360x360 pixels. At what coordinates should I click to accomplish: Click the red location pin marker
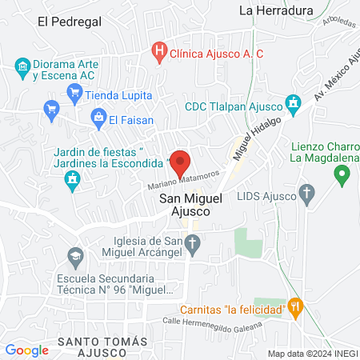pyautogui.click(x=180, y=163)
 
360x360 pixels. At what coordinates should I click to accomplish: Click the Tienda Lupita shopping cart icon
pyautogui.click(x=74, y=91)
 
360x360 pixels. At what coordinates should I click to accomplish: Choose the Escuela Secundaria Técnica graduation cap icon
pyautogui.click(x=74, y=258)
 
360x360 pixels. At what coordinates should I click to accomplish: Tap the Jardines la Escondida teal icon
pyautogui.click(x=74, y=182)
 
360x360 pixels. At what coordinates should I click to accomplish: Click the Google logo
pyautogui.click(x=26, y=350)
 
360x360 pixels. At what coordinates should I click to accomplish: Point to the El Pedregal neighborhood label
pyautogui.click(x=70, y=22)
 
